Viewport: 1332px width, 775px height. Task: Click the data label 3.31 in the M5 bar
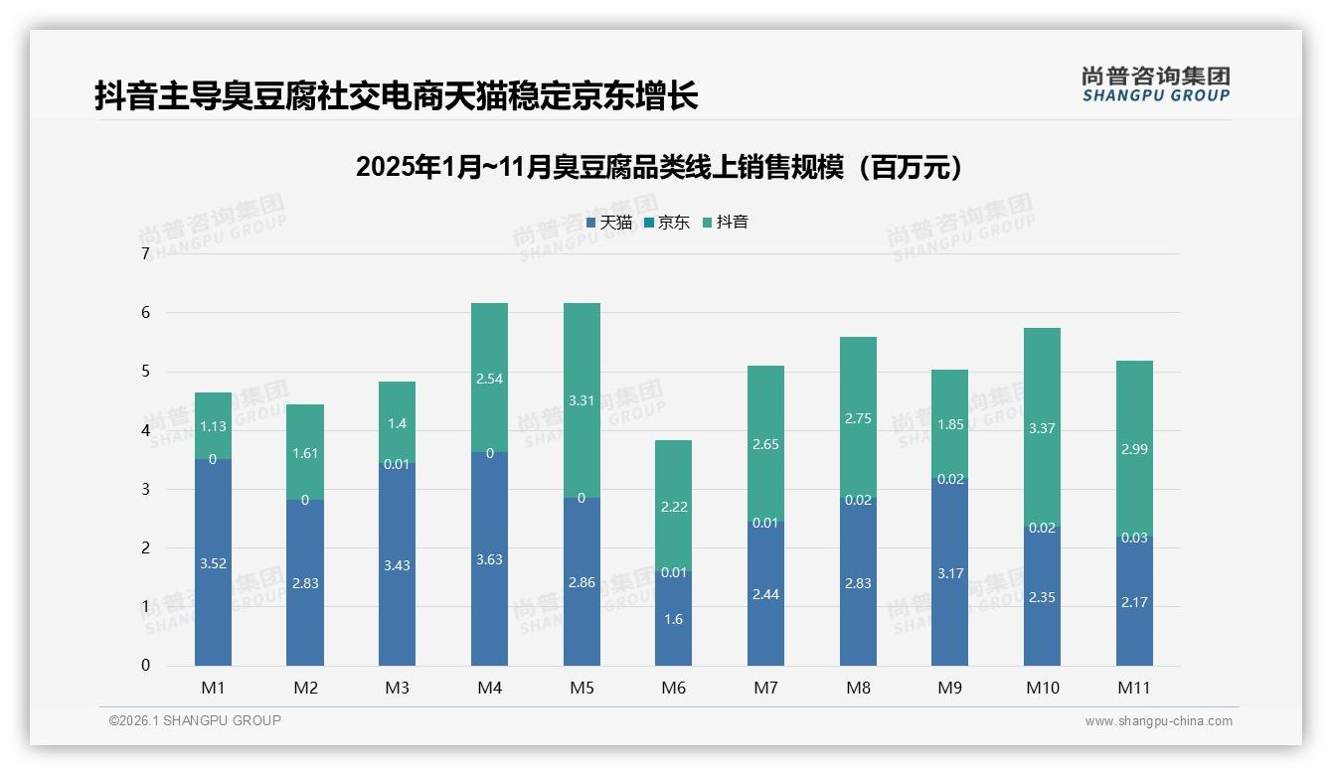[582, 401]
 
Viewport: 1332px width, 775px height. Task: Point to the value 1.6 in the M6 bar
[673, 619]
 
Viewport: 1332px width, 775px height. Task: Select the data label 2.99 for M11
[1134, 449]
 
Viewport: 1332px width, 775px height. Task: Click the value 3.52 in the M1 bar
[213, 563]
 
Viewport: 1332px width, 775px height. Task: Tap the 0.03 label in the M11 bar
[1134, 538]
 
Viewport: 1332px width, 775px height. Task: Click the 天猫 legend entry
[609, 223]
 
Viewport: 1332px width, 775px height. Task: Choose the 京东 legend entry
[667, 223]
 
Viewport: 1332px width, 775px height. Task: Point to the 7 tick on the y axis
[145, 254]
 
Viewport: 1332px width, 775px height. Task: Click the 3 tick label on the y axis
[145, 489]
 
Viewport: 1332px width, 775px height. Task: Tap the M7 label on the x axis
[765, 688]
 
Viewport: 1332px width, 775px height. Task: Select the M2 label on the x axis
[305, 688]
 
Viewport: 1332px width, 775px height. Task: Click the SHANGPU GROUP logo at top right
[1155, 84]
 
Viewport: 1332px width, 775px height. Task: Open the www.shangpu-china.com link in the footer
[1158, 721]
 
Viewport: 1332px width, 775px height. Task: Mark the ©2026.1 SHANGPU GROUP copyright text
[195, 720]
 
